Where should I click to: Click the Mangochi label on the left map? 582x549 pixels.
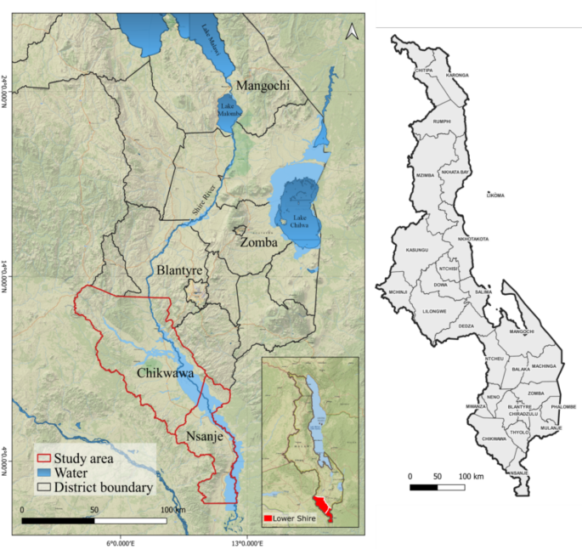click(x=263, y=86)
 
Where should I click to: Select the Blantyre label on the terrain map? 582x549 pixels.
click(x=181, y=271)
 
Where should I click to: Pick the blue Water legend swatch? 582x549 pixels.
click(x=44, y=473)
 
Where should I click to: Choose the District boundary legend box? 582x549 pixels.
click(x=44, y=488)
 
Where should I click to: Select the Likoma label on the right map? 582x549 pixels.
click(x=494, y=195)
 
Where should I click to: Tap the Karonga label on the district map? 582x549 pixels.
click(x=457, y=75)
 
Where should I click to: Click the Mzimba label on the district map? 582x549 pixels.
click(x=425, y=175)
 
